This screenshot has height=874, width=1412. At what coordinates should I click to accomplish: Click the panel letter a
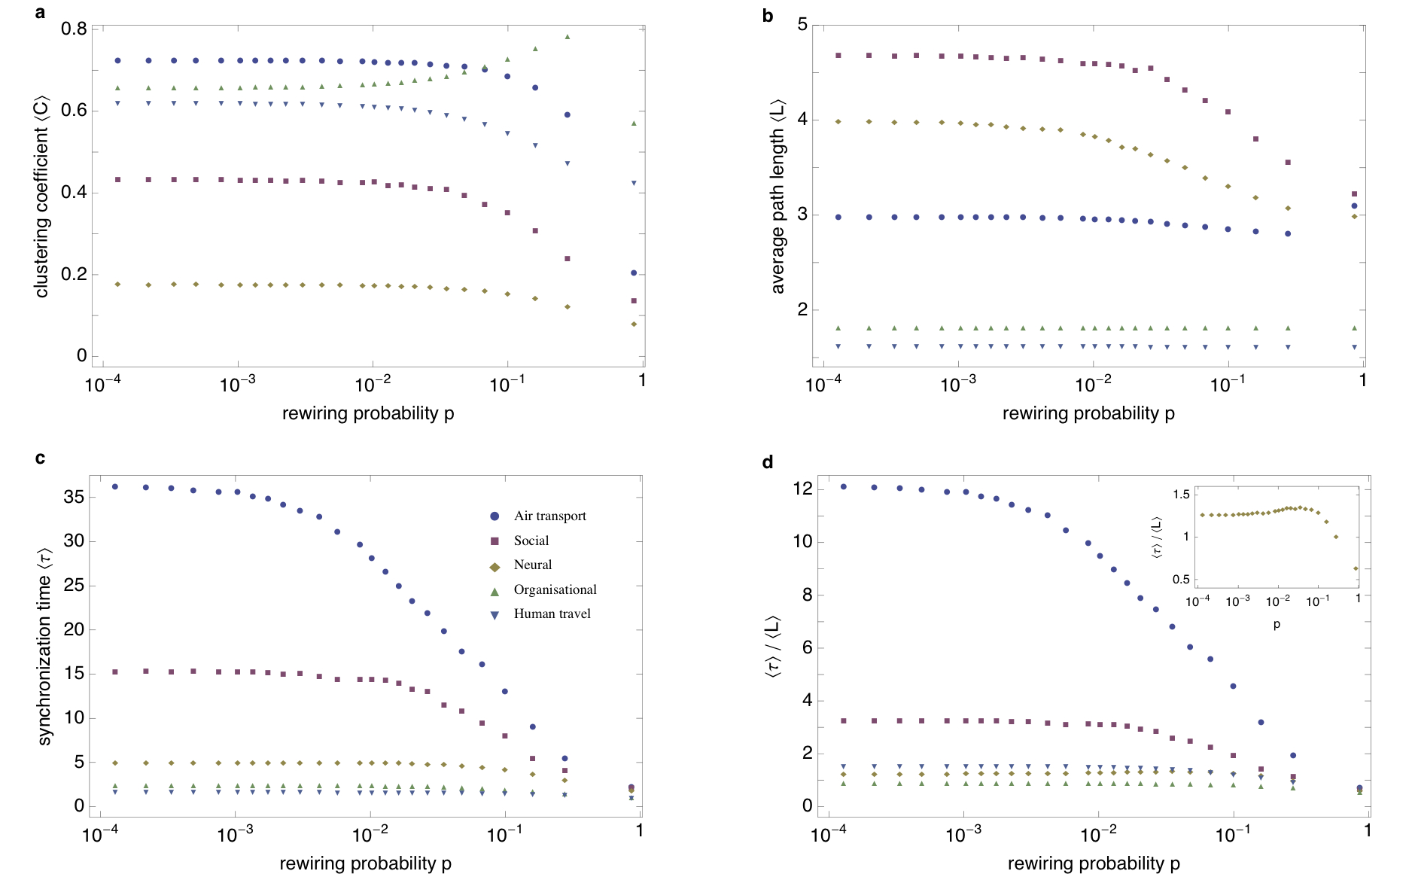[40, 12]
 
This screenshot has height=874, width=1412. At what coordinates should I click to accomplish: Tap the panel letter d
[767, 461]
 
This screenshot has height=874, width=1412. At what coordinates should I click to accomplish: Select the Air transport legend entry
[549, 516]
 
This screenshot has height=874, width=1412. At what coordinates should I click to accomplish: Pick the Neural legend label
[532, 565]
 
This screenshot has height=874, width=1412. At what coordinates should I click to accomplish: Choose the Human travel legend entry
[552, 614]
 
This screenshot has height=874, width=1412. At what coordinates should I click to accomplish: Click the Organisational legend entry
[555, 589]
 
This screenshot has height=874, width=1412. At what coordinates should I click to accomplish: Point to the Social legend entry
[531, 541]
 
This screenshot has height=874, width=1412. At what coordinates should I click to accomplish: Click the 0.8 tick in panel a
[74, 29]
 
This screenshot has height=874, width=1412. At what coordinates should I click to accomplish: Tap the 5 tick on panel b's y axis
[802, 25]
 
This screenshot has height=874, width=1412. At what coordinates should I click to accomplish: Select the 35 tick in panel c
[74, 497]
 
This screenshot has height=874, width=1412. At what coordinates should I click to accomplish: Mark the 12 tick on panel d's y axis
[802, 489]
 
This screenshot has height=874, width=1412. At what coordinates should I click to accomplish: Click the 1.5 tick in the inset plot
[1181, 495]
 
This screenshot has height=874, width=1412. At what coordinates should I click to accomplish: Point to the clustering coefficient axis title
[41, 196]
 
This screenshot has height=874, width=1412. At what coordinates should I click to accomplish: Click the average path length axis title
[778, 196]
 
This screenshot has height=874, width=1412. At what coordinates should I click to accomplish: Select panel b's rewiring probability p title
[1088, 413]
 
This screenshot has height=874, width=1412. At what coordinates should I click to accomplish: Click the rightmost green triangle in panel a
[634, 123]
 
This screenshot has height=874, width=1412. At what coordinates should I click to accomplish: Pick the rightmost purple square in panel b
[1354, 194]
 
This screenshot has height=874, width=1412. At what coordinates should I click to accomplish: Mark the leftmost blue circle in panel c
[115, 487]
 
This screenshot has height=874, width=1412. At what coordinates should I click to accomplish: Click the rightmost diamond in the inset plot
[1356, 568]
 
